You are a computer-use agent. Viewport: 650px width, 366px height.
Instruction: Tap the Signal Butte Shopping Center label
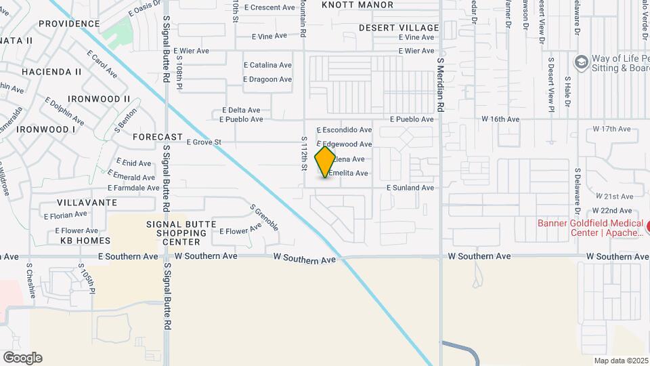(181, 232)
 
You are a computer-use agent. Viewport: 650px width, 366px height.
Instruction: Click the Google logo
(22, 357)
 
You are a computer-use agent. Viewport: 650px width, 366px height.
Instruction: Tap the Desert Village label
(399, 27)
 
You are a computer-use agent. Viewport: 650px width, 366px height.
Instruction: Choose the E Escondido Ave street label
(345, 129)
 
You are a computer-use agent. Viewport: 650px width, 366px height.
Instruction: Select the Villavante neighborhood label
(87, 203)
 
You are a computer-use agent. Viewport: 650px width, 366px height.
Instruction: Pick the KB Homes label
(85, 241)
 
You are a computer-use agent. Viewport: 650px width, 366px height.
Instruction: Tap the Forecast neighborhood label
(158, 137)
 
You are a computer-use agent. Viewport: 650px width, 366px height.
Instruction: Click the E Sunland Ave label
(410, 188)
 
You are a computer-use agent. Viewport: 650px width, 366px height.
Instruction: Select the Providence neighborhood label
(69, 24)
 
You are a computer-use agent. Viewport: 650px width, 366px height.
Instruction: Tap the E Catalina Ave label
(267, 66)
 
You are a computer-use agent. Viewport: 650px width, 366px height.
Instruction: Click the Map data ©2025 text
(620, 361)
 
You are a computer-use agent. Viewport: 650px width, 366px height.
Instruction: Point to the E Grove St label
(199, 142)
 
